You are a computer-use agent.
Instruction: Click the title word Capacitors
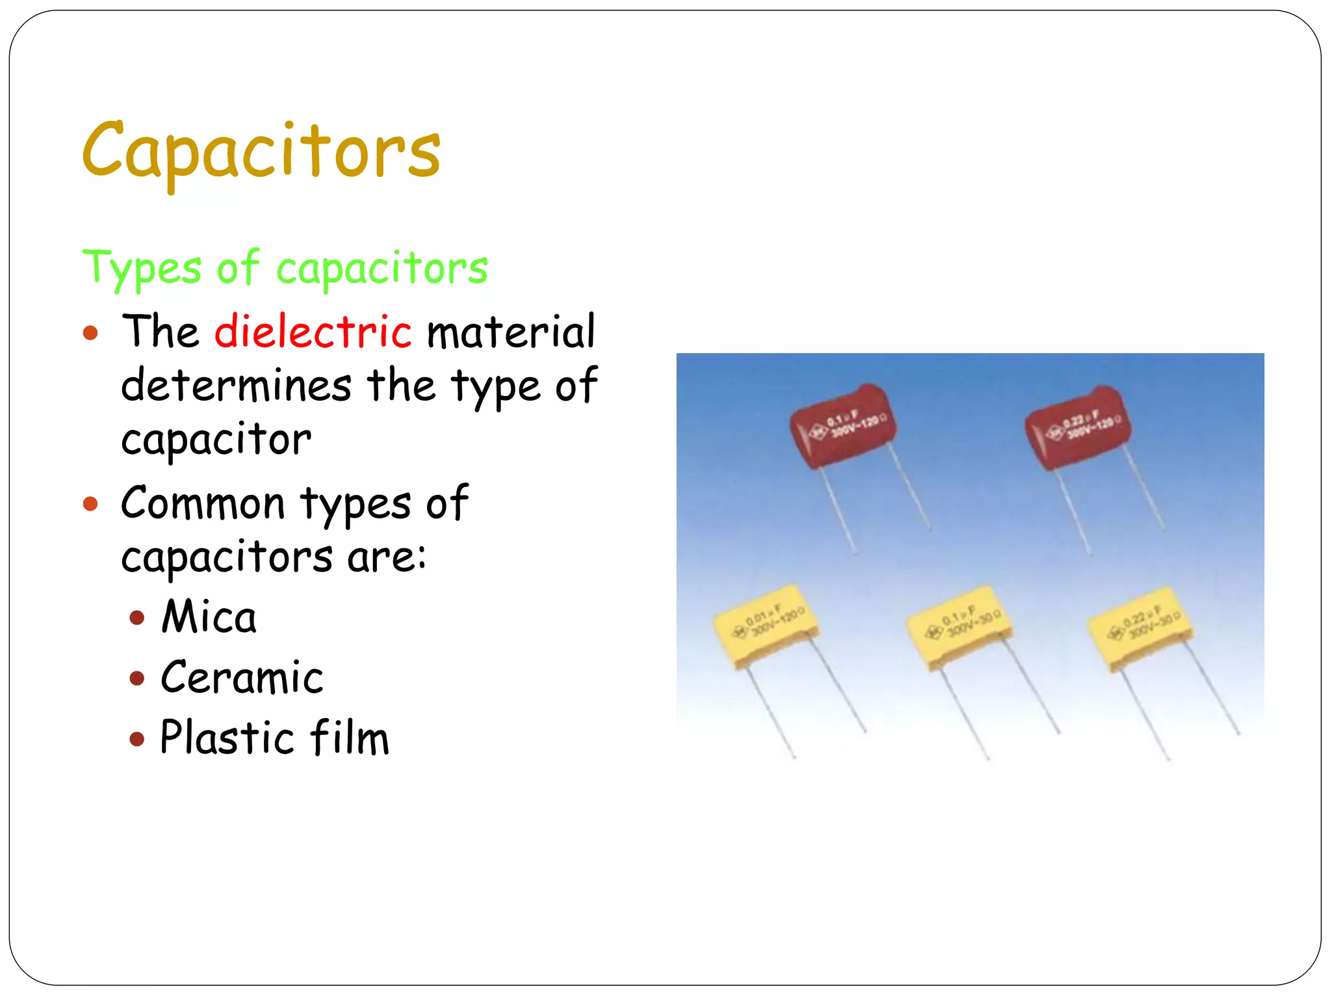(261, 151)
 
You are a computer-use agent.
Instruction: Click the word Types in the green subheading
(142, 268)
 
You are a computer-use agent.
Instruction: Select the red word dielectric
(313, 331)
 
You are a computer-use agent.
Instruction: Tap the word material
(511, 331)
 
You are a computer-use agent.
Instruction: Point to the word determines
(237, 385)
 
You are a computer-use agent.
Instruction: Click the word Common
(203, 503)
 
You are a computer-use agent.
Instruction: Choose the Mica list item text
(209, 617)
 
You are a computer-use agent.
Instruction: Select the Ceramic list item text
(242, 678)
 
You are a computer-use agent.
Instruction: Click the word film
(349, 738)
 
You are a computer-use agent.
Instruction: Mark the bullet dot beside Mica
(136, 617)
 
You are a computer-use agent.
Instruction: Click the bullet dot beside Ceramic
(136, 678)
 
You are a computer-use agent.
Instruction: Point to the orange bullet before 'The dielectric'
(90, 334)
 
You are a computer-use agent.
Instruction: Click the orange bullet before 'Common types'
(90, 504)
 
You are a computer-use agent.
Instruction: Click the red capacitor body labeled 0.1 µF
(842, 426)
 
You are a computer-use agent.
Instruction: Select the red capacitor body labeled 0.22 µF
(1078, 426)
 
